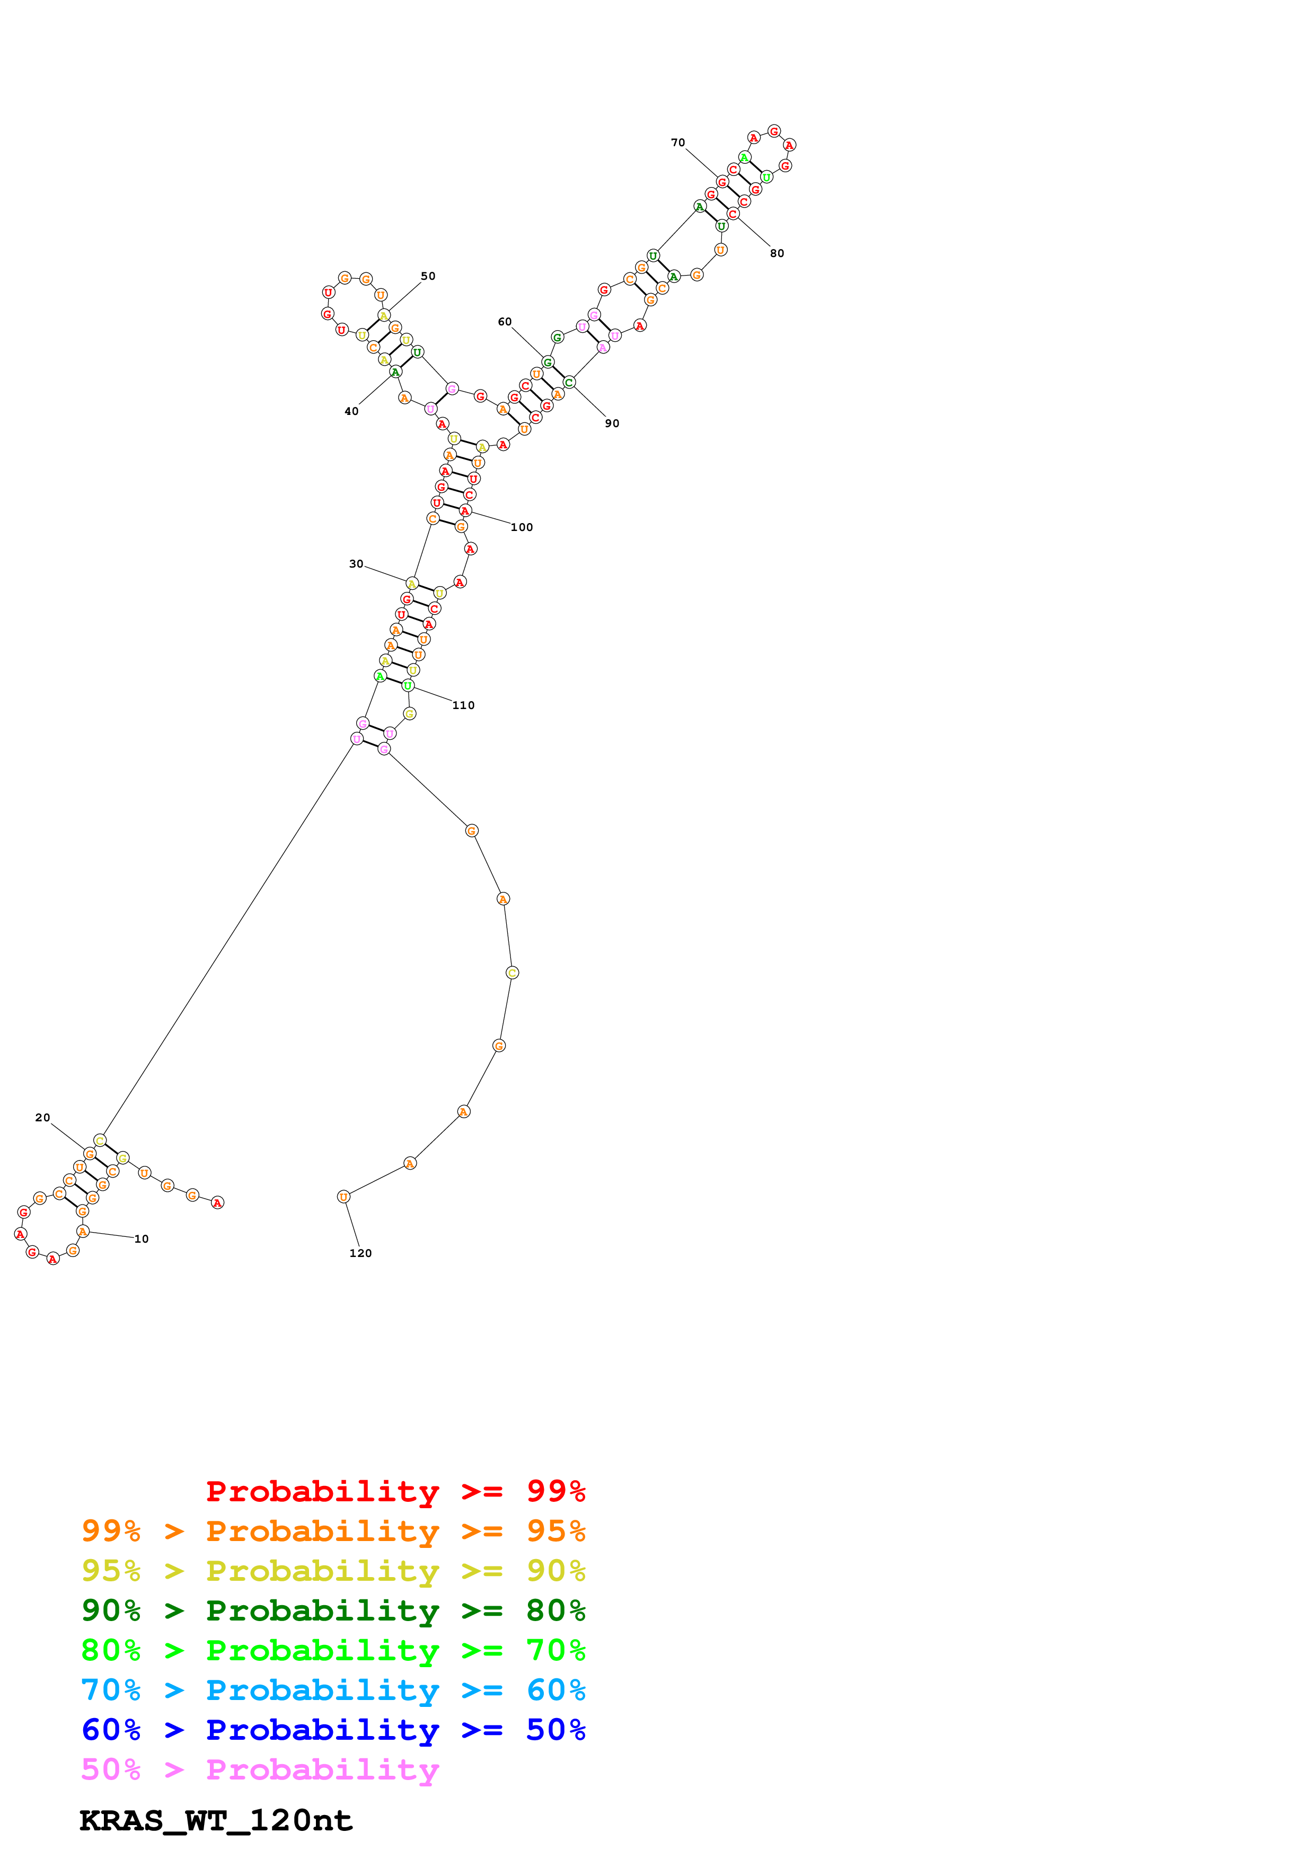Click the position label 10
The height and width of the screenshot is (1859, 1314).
142,1239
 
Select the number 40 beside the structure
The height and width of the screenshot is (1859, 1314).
351,411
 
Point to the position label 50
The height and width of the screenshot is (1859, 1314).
428,276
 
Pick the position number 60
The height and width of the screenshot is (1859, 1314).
505,322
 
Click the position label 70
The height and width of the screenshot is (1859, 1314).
677,143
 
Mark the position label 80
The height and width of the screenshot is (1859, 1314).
777,253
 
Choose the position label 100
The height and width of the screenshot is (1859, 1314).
522,527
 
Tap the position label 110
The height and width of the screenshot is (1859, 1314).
463,705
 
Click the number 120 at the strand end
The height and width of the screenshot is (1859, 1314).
360,1253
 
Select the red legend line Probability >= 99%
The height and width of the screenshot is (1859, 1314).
395,1491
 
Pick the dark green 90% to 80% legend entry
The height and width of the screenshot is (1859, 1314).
333,1610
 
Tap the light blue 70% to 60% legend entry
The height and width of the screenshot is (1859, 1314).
333,1690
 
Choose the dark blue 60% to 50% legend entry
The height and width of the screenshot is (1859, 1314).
333,1730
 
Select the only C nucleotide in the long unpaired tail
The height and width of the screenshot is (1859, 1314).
512,972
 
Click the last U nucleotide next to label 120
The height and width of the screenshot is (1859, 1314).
343,1197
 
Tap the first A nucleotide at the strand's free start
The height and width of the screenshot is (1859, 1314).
217,1203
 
